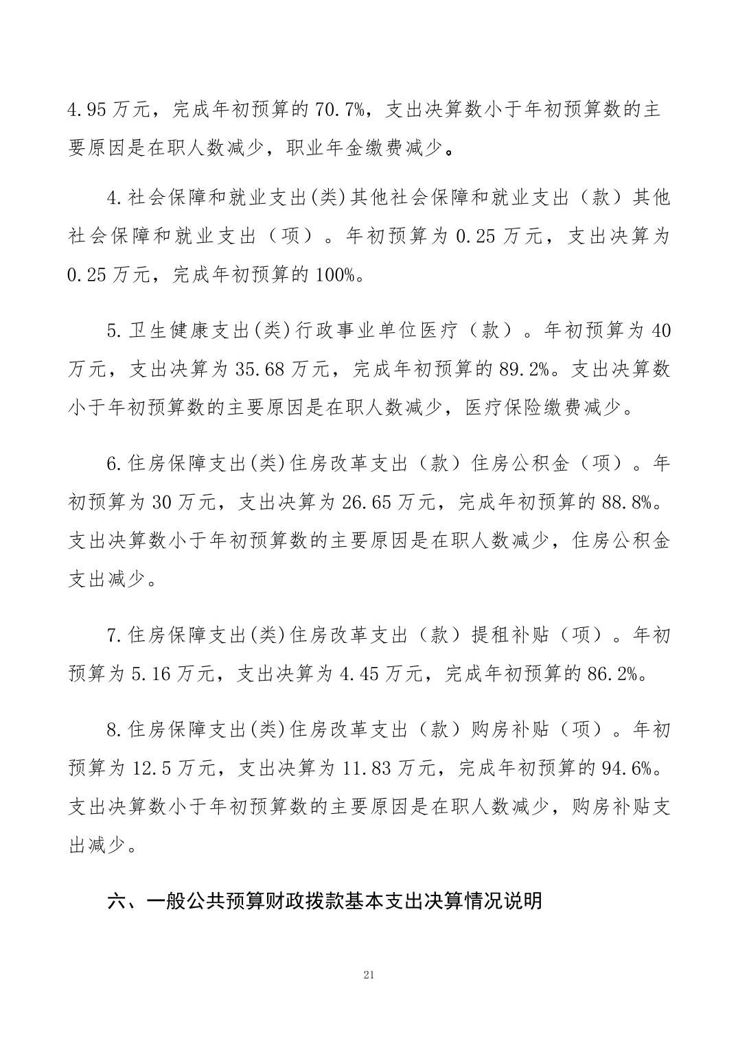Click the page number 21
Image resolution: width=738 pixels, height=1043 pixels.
click(x=369, y=974)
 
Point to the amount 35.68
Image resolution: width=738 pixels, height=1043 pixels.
click(x=260, y=370)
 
